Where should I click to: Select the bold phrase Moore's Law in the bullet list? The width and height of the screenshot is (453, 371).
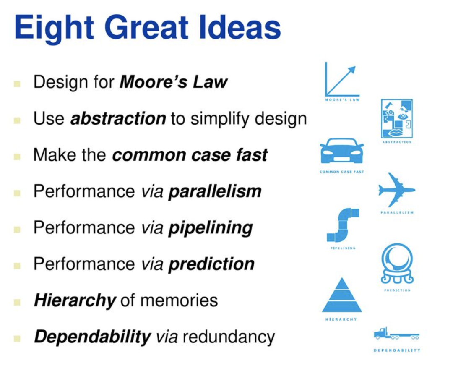pyautogui.click(x=174, y=82)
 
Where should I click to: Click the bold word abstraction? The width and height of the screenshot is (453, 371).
pyautogui.click(x=118, y=118)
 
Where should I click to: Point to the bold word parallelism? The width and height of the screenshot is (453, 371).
pyautogui.click(x=215, y=191)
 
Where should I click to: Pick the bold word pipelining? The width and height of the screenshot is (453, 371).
pyautogui.click(x=211, y=228)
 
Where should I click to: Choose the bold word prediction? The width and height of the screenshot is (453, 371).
pyautogui.click(x=211, y=264)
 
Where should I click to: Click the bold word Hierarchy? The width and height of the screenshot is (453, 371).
pyautogui.click(x=75, y=301)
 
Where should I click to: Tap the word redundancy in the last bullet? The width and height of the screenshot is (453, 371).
pyautogui.click(x=229, y=337)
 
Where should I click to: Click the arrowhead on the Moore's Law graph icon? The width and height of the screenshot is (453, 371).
pyautogui.click(x=352, y=70)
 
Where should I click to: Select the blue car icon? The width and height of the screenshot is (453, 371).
pyautogui.click(x=342, y=151)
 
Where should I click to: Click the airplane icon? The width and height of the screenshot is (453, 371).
pyautogui.click(x=397, y=190)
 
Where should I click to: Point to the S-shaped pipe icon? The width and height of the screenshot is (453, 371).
pyautogui.click(x=343, y=225)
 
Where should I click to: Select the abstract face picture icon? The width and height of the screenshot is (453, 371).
pyautogui.click(x=397, y=118)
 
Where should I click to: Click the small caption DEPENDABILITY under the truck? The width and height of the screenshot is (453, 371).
pyautogui.click(x=397, y=350)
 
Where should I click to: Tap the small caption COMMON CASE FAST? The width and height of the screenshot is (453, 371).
pyautogui.click(x=342, y=172)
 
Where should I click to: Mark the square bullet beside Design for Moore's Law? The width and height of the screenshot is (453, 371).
pyautogui.click(x=17, y=84)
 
